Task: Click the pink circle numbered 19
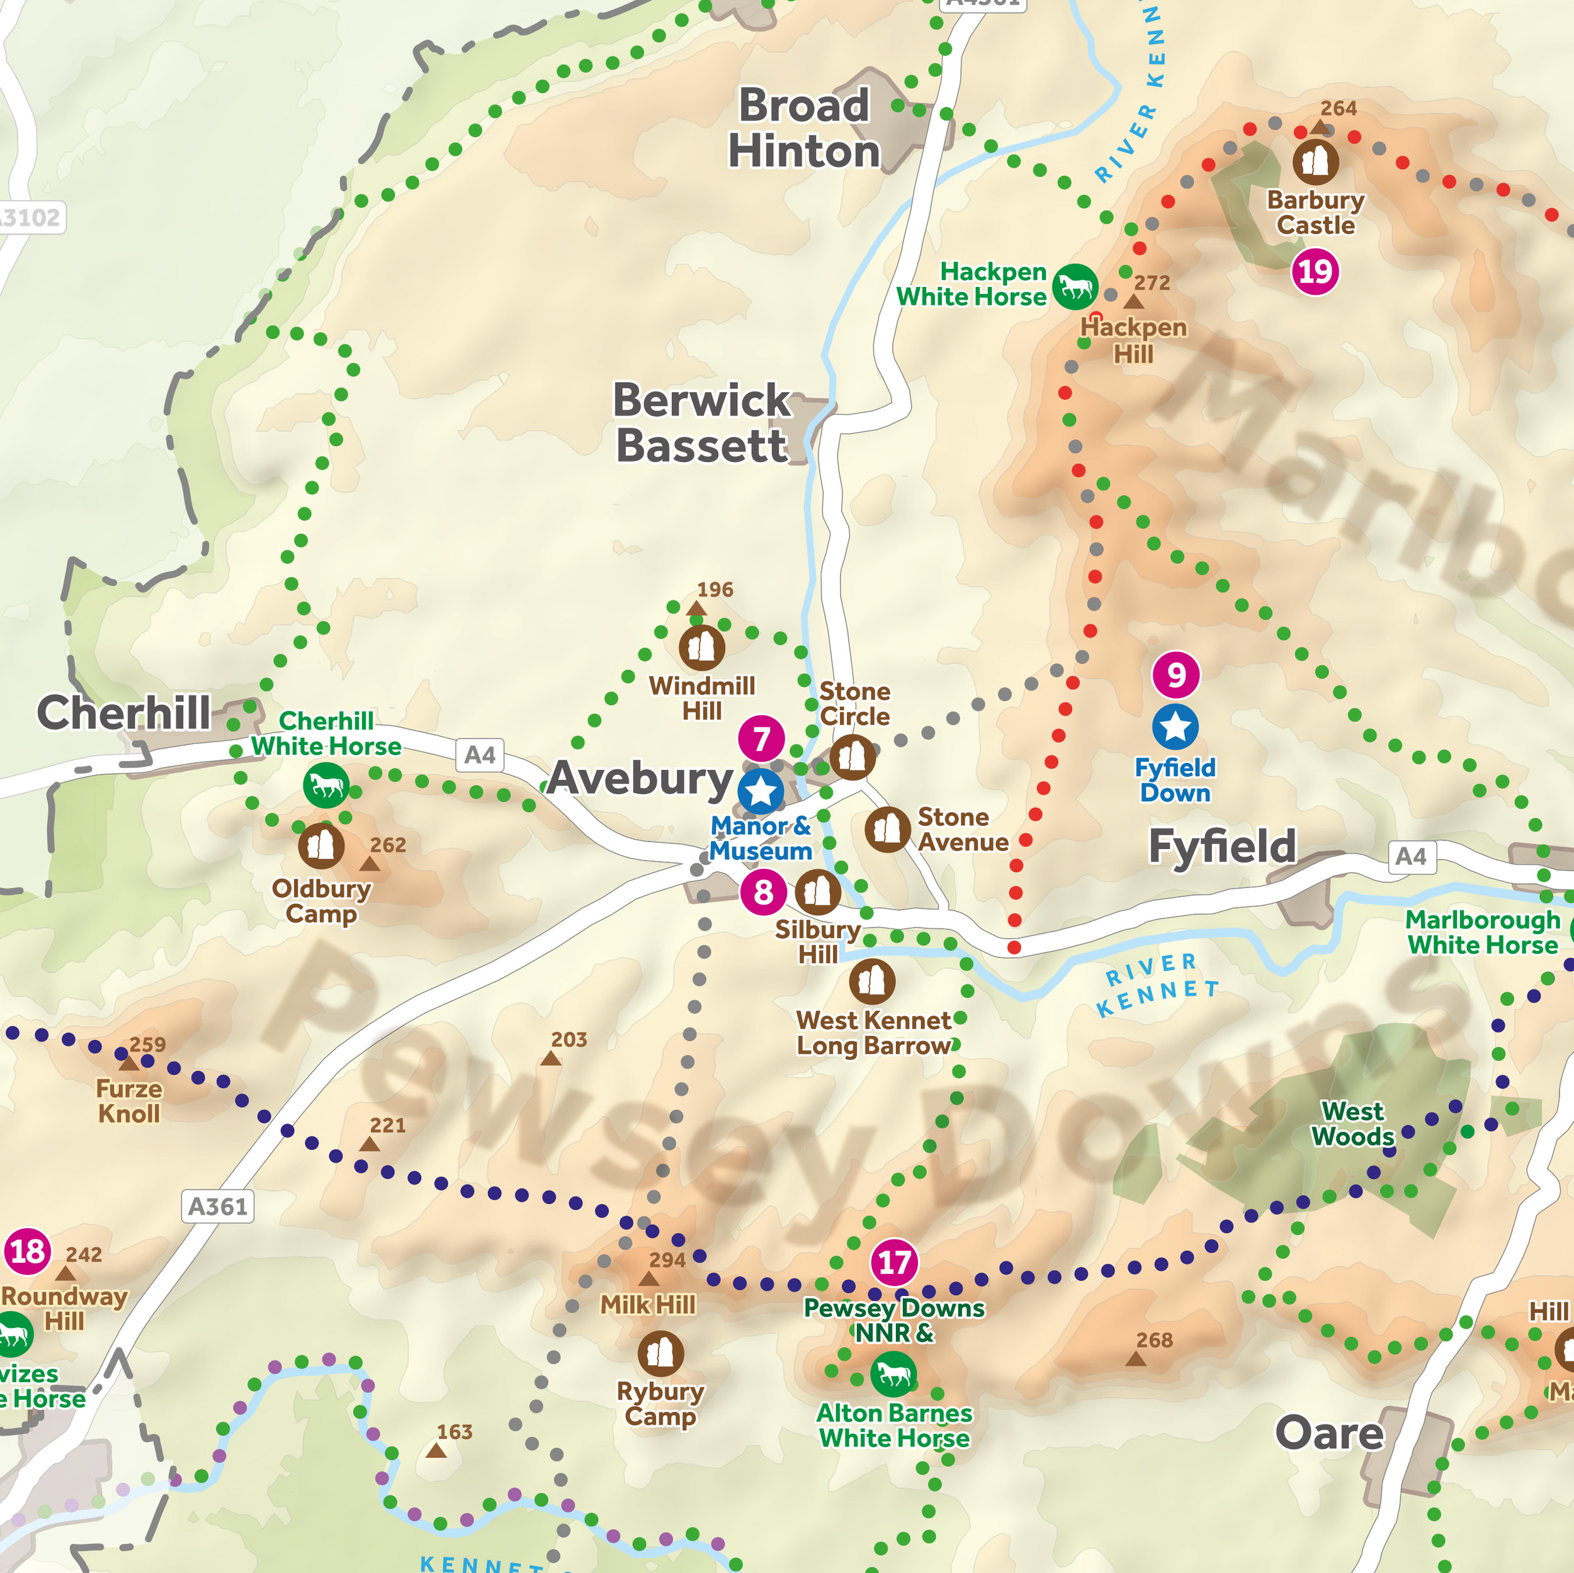[x=1315, y=271]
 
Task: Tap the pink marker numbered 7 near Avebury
[x=761, y=739]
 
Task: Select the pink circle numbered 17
[x=895, y=1262]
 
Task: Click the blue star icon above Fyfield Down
[x=1175, y=726]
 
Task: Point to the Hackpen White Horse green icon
[x=1075, y=287]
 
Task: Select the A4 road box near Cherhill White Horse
[x=479, y=755]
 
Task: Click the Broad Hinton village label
[x=803, y=128]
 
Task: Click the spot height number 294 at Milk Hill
[x=666, y=1260]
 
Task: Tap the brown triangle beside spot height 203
[x=551, y=1058]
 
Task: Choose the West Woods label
[x=1352, y=1124]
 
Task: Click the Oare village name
[x=1329, y=1433]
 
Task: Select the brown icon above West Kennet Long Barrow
[x=872, y=981]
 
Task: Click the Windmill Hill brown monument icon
[x=701, y=648]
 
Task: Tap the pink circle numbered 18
[x=28, y=1251]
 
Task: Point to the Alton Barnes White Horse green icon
[x=893, y=1374]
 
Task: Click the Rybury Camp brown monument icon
[x=660, y=1354]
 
